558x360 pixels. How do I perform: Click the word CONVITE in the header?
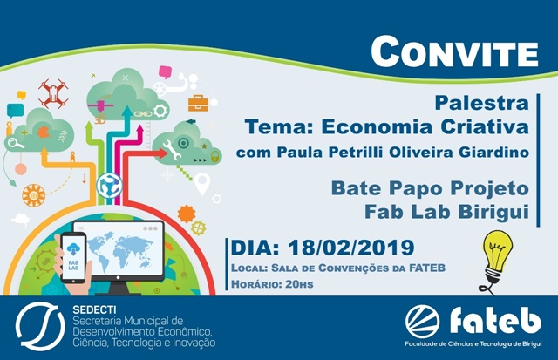[454, 52]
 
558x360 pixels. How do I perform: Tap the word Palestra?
[481, 103]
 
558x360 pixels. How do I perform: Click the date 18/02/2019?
[350, 248]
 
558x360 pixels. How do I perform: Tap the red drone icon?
[53, 93]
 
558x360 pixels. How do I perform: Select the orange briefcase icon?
[198, 103]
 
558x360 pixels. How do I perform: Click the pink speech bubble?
[165, 72]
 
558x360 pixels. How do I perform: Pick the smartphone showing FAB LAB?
[73, 258]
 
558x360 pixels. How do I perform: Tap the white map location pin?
[202, 183]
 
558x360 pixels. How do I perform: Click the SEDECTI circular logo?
[40, 326]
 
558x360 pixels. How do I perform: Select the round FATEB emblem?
[422, 322]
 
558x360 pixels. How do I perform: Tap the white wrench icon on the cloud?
[172, 149]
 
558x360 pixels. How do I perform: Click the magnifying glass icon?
[16, 143]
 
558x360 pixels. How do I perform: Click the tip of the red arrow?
[167, 153]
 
